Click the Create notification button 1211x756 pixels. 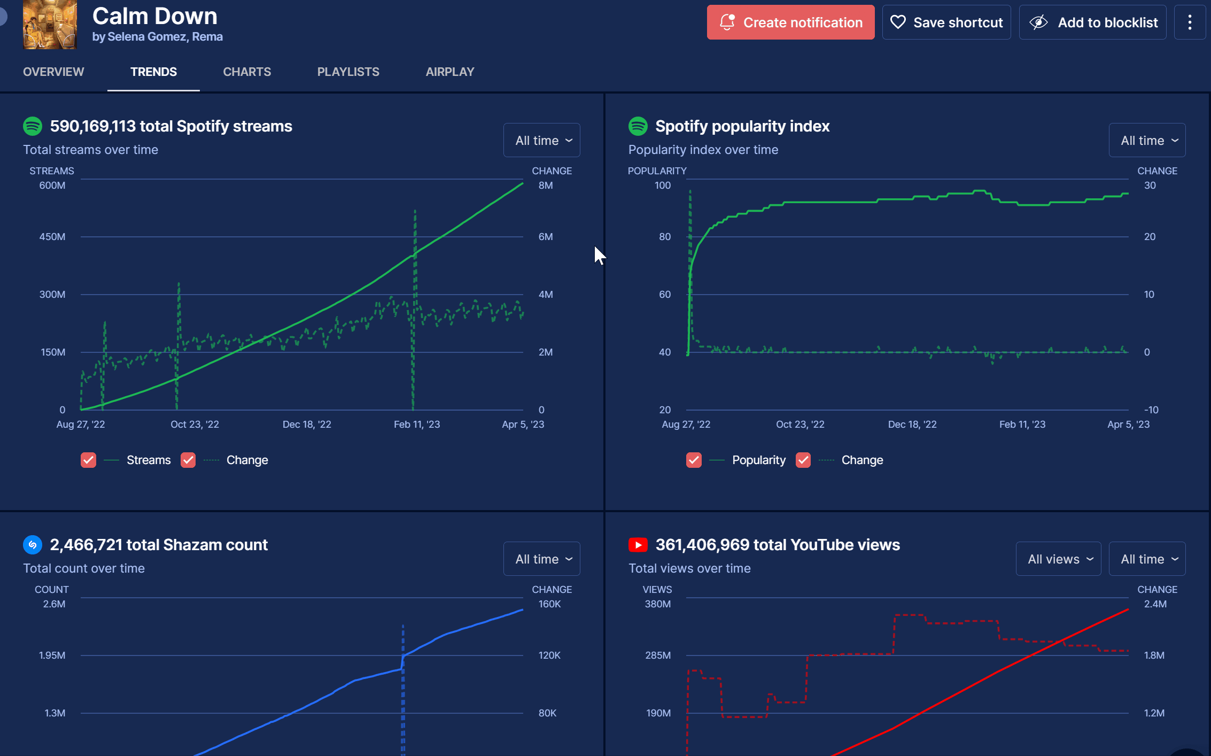click(790, 22)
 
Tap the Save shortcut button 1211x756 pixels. click(946, 22)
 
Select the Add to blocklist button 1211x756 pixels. click(1092, 22)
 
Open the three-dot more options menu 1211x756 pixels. click(1190, 22)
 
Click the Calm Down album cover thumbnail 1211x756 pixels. click(50, 25)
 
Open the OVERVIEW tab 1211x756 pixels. click(53, 72)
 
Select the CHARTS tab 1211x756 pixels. click(247, 72)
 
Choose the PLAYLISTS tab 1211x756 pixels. click(348, 72)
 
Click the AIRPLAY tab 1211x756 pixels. click(450, 72)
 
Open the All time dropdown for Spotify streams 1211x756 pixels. click(541, 140)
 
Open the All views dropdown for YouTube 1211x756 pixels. click(1058, 559)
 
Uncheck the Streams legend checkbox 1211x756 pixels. click(89, 460)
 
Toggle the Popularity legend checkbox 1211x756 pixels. click(694, 460)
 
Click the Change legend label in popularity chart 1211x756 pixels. click(862, 460)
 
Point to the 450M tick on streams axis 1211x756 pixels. click(52, 236)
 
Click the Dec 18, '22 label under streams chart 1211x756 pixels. click(307, 424)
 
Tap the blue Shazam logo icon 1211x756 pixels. click(33, 545)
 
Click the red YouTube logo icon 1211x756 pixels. click(638, 545)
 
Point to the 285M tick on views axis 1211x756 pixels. click(658, 655)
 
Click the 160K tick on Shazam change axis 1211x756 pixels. click(549, 604)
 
